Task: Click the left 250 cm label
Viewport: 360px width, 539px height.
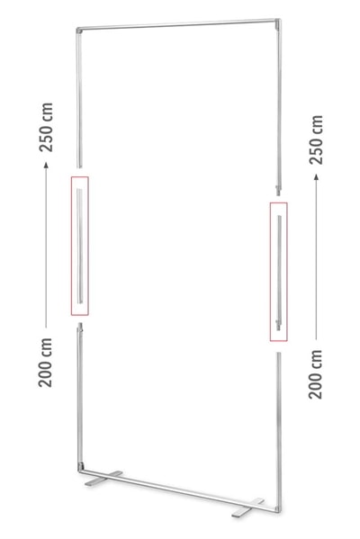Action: click(x=46, y=127)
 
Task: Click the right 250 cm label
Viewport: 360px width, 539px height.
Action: click(x=316, y=139)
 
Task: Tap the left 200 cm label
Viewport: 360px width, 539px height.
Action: click(x=45, y=363)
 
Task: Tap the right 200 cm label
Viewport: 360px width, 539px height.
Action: click(x=315, y=374)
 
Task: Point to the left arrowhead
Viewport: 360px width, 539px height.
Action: click(x=46, y=165)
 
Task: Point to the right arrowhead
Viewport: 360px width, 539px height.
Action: click(x=316, y=176)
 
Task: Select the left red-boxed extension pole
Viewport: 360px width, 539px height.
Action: click(x=79, y=246)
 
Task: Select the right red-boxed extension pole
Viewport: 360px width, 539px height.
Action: click(x=279, y=273)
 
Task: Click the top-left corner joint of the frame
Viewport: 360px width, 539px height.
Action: click(x=79, y=31)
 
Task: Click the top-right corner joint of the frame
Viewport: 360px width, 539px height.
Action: click(x=278, y=22)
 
